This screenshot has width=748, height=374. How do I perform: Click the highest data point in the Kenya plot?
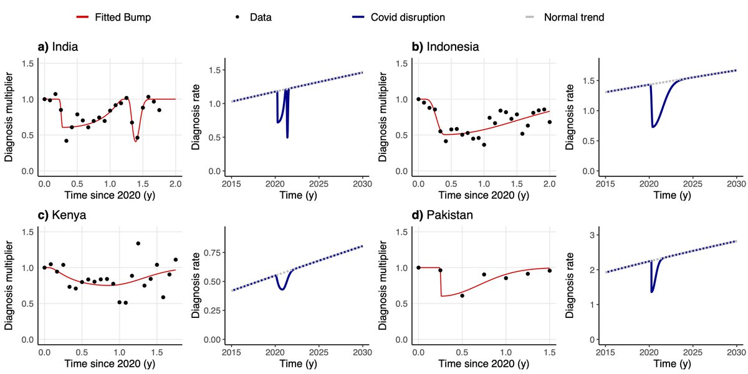138,243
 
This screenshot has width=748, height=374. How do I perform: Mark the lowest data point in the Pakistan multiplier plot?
462,295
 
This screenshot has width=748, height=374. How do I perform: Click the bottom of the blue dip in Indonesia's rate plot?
653,127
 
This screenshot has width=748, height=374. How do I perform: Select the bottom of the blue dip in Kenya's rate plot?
282,290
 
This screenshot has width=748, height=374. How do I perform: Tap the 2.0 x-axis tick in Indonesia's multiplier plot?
549,184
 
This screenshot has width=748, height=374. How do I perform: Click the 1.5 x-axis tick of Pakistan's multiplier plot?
549,351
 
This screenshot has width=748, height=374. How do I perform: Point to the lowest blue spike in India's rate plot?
287,138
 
